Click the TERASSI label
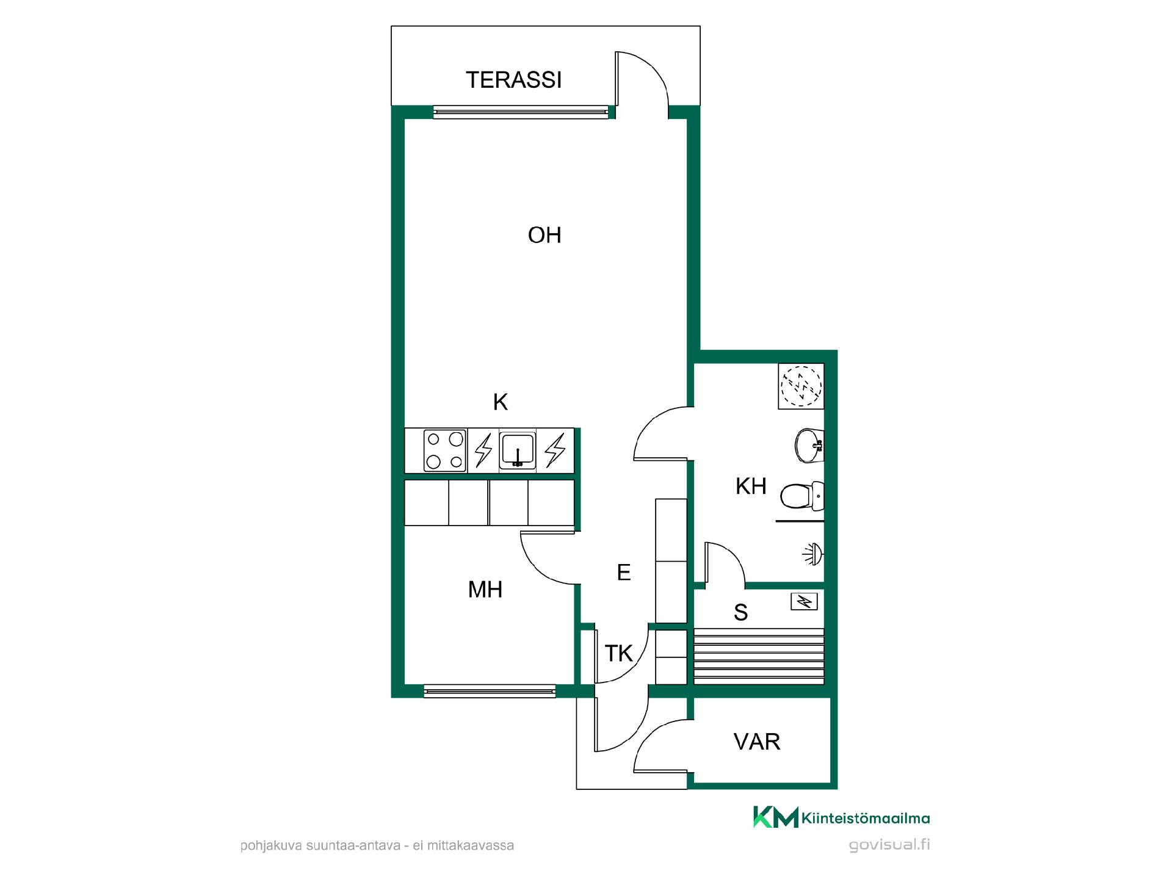[513, 80]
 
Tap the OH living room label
[544, 235]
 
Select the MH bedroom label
[485, 590]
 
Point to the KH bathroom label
[751, 487]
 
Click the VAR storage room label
[757, 742]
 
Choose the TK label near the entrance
[619, 654]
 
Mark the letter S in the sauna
[741, 612]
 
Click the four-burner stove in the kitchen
[444, 450]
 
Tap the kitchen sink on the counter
[518, 450]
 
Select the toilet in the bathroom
[802, 496]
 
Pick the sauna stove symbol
[805, 602]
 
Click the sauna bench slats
[759, 656]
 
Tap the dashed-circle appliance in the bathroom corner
[801, 386]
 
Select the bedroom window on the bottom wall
[490, 692]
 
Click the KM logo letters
[775, 817]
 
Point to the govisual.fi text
[889, 845]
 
